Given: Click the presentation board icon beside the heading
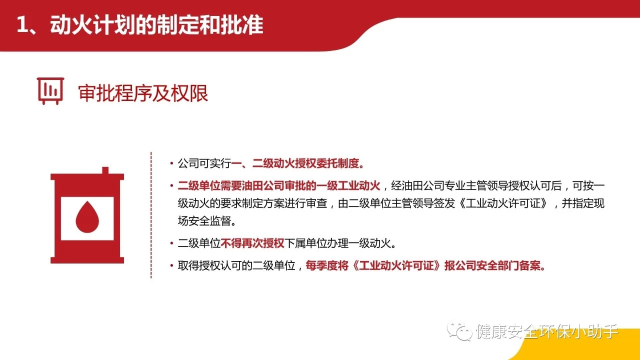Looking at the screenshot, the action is [50, 91].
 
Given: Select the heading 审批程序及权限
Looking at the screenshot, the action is [143, 93].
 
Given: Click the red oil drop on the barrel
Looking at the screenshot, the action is [87, 216].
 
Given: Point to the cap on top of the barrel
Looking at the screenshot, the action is [105, 170].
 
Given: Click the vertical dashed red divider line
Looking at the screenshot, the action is [151, 215].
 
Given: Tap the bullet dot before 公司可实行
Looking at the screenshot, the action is [171, 163].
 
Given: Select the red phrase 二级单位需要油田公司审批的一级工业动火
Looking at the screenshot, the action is [279, 185].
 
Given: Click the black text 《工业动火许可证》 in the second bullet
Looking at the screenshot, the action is [503, 203].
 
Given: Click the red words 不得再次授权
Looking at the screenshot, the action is [252, 243].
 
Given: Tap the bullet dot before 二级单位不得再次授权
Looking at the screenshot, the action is [171, 243].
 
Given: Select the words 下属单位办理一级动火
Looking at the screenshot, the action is [337, 243].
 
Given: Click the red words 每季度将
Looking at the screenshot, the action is [327, 265].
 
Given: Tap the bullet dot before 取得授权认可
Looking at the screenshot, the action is [171, 265].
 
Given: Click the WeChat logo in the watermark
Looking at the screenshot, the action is [459, 331].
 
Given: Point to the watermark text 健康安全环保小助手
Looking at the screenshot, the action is [547, 331].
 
